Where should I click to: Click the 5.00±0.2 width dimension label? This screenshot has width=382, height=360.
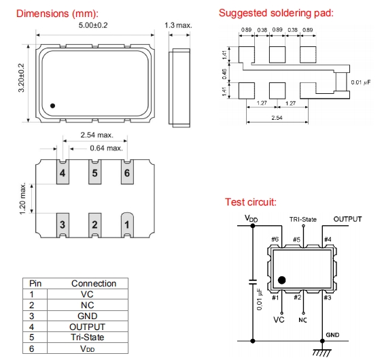93,25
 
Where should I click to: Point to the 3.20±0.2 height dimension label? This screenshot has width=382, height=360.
22,78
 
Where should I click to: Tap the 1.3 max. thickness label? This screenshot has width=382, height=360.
178,25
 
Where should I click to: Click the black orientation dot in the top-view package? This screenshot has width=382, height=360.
52,105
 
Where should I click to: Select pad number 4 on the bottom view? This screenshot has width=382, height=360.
63,171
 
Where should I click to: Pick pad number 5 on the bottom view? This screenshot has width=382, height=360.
94,171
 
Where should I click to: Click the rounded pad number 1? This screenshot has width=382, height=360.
127,225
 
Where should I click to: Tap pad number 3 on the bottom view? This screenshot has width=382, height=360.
63,225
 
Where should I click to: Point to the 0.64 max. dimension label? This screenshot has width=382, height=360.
106,148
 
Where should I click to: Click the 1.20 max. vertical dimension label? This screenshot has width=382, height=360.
22,199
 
